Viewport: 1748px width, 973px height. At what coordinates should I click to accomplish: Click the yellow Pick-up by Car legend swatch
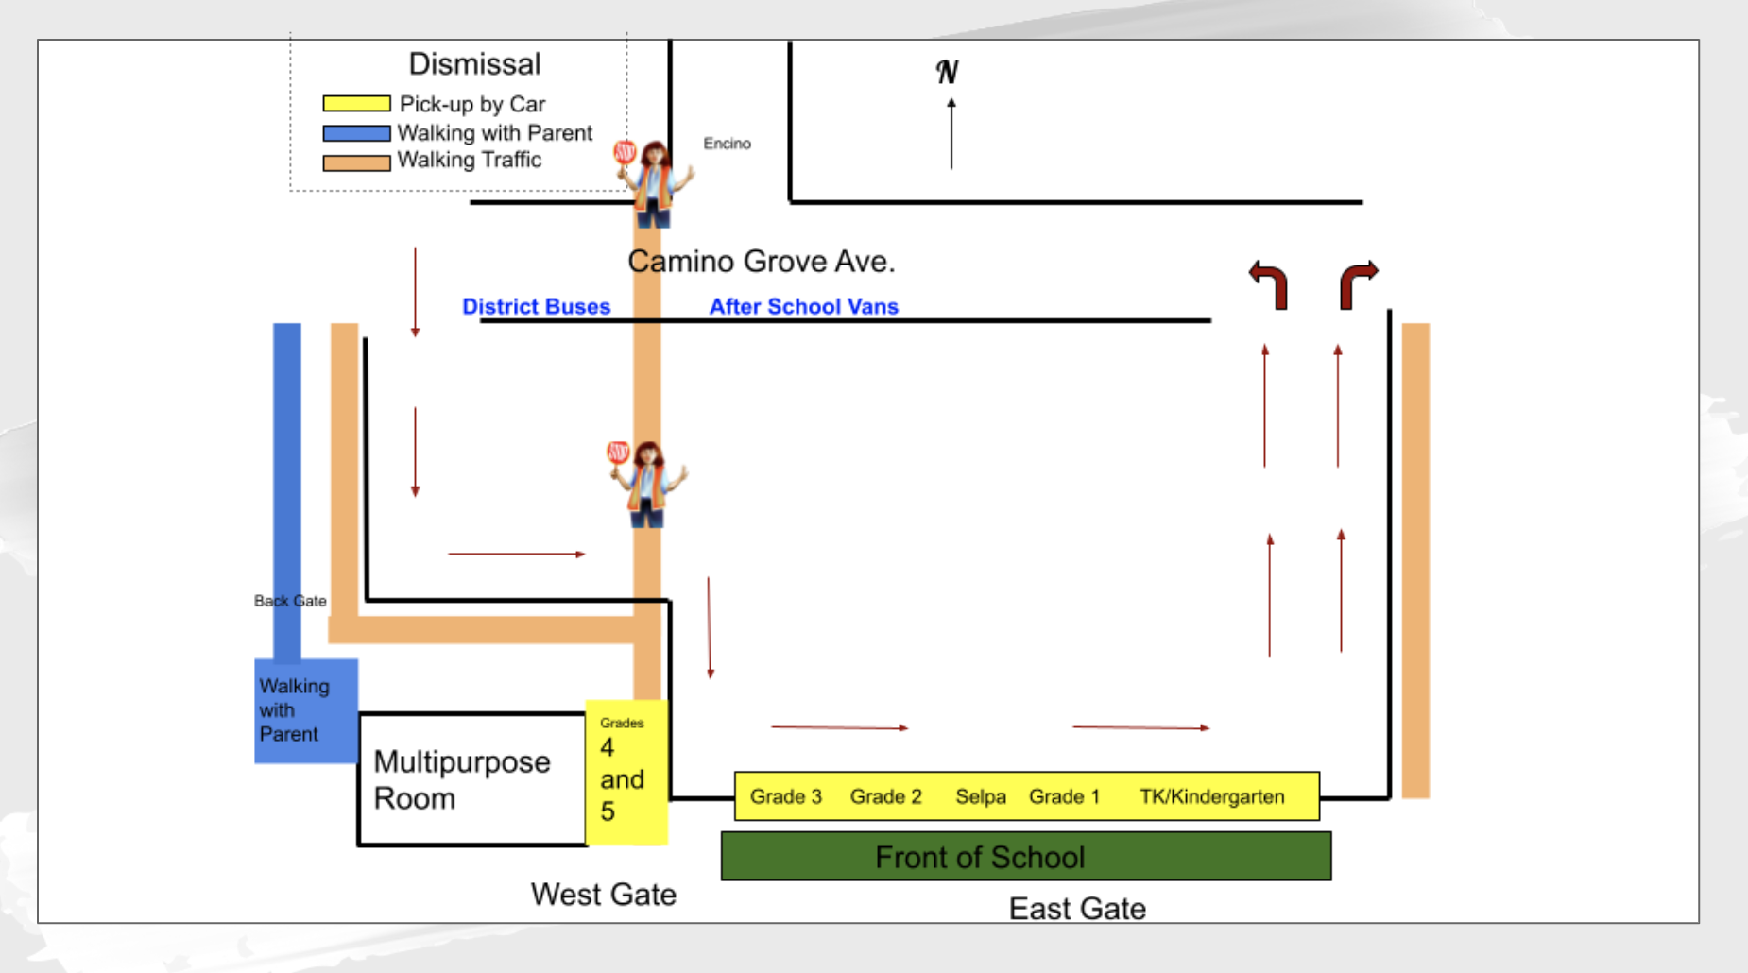point(356,104)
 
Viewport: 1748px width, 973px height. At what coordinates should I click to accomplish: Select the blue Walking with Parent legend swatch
point(356,133)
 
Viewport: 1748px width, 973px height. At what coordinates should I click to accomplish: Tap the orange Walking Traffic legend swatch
point(356,162)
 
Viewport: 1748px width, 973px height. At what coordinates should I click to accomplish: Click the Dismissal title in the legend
point(474,64)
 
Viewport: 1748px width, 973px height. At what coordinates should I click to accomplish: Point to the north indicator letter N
point(947,72)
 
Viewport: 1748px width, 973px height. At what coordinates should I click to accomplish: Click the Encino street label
point(727,144)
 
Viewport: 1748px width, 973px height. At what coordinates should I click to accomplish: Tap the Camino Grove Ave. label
point(761,262)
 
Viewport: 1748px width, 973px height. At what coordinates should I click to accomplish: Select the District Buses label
point(536,307)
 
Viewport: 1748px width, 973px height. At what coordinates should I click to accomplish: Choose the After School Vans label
point(803,307)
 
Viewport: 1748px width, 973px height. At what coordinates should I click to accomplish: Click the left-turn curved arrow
point(1269,283)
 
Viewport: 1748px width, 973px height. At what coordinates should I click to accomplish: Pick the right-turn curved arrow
point(1358,283)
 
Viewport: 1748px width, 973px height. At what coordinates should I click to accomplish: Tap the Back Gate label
point(290,601)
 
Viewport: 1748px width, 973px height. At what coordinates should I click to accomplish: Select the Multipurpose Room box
point(471,779)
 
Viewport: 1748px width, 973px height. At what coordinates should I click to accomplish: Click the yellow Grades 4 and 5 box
point(626,773)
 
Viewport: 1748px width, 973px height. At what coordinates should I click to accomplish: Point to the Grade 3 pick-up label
point(785,796)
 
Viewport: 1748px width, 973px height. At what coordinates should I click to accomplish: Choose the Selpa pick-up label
point(980,796)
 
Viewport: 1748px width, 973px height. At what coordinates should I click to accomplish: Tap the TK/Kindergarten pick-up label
point(1211,796)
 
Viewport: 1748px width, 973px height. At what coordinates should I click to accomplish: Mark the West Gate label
point(603,894)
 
